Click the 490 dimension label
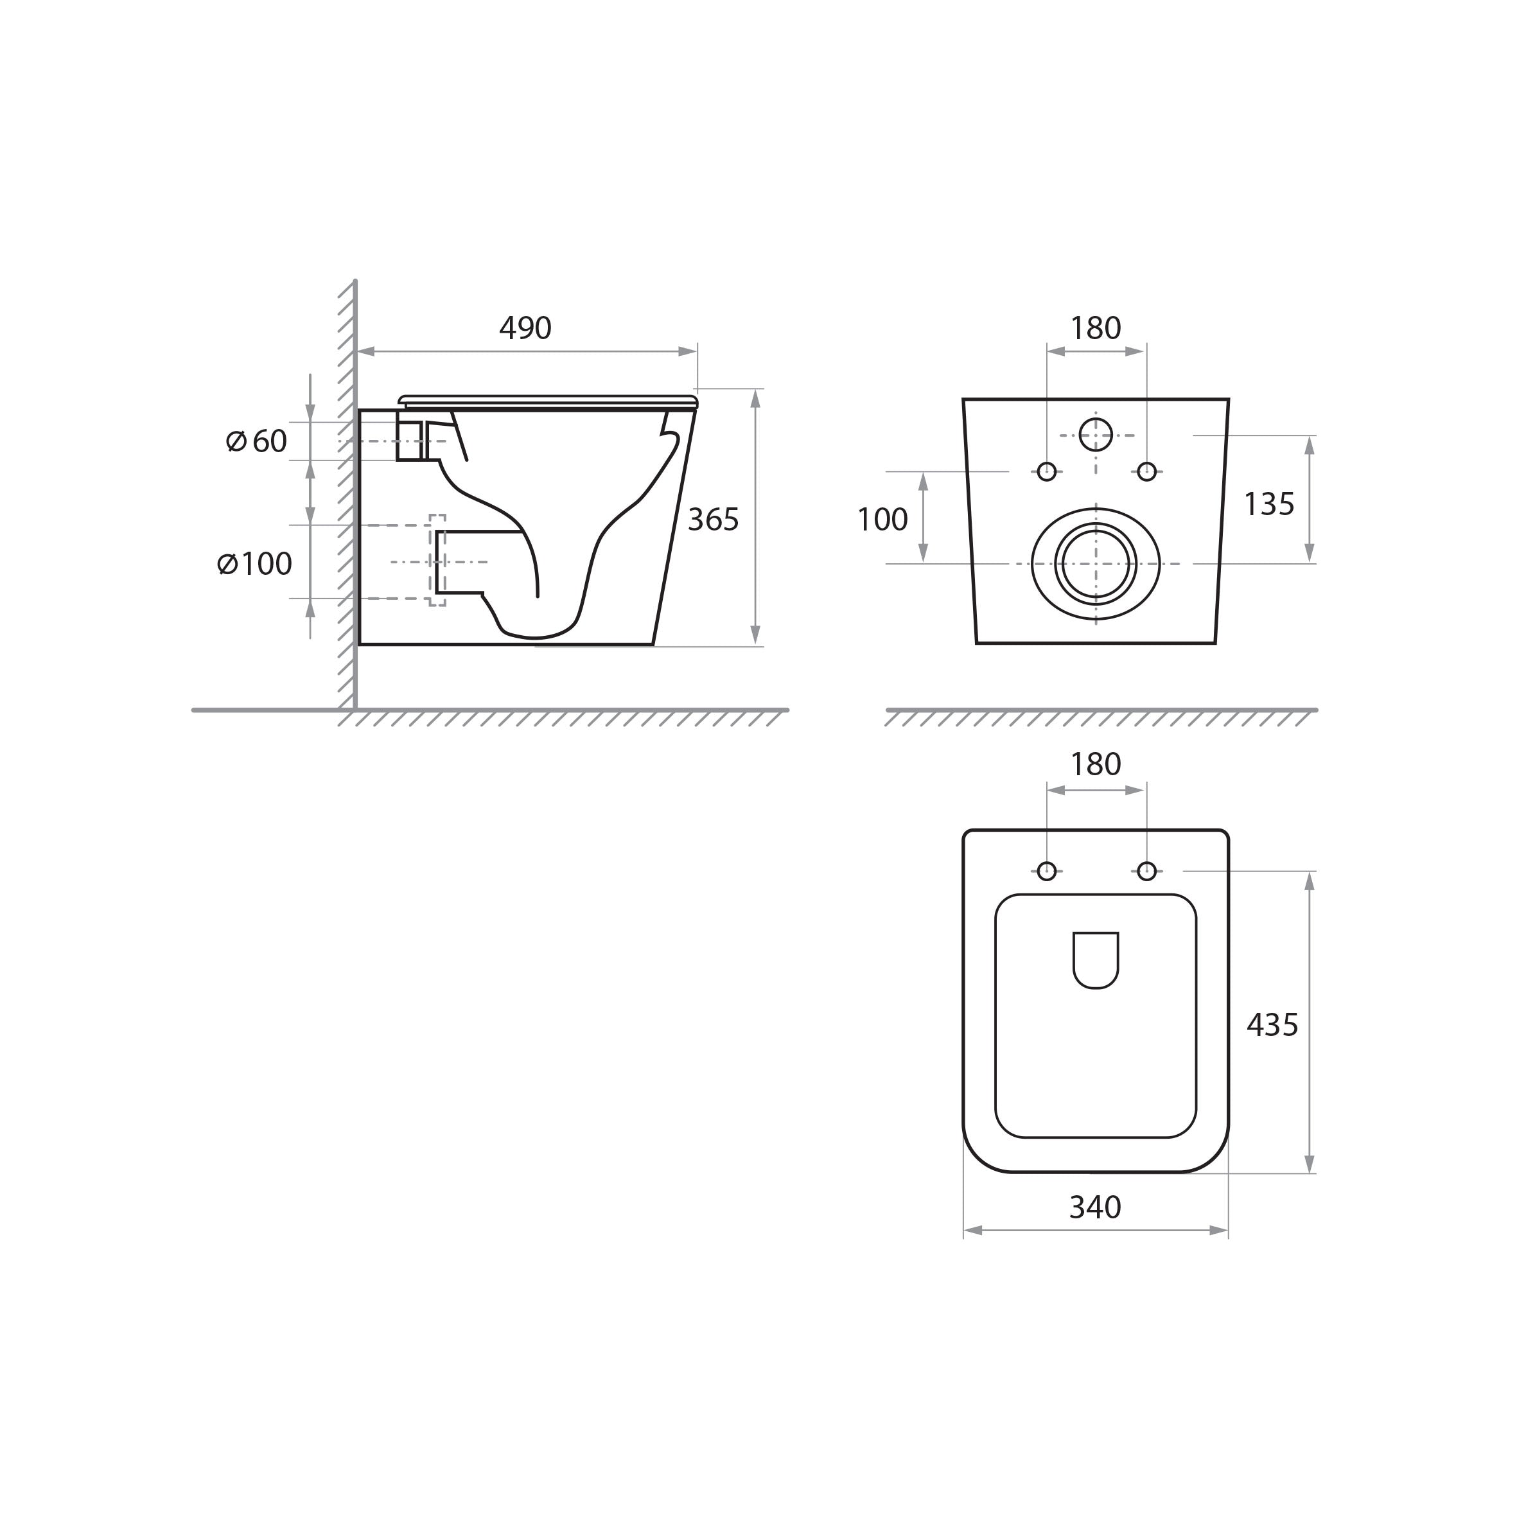click(x=525, y=328)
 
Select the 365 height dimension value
click(x=713, y=520)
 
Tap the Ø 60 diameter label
click(x=257, y=441)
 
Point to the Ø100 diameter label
click(x=254, y=564)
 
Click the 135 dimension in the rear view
click(x=1269, y=504)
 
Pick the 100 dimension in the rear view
click(x=882, y=520)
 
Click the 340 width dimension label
click(x=1095, y=1207)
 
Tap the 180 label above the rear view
click(x=1096, y=328)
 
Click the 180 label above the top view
click(x=1096, y=764)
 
